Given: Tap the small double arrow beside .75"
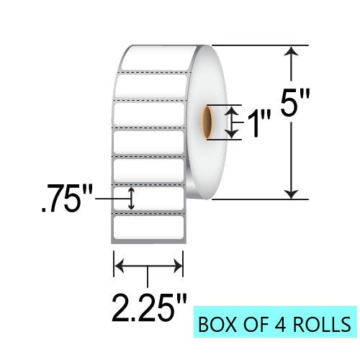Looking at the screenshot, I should click(131, 199).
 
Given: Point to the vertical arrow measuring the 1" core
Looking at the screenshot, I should click(231, 122).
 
